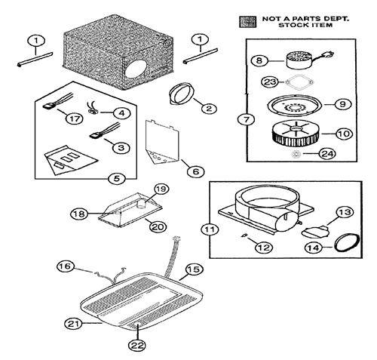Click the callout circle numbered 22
[x=138, y=345]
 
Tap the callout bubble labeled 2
[x=209, y=109]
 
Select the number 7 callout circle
[x=247, y=120]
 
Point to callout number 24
[x=327, y=153]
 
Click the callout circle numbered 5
[x=117, y=179]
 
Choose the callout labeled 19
[x=161, y=189]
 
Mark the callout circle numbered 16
[x=66, y=266]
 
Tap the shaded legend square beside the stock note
[x=247, y=22]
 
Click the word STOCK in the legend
[x=290, y=25]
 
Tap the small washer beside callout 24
[x=296, y=154]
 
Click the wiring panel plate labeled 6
[x=162, y=142]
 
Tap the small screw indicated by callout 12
[x=244, y=235]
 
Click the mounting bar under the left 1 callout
[x=35, y=60]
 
